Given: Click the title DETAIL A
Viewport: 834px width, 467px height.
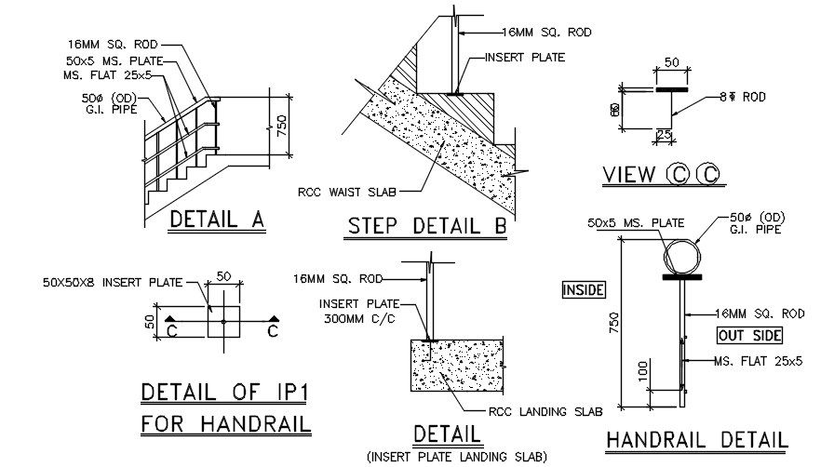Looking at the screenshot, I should pos(218,220).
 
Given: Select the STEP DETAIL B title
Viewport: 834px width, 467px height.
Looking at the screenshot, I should pos(427,226).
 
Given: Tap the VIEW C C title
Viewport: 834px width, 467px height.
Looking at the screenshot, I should pos(662,174).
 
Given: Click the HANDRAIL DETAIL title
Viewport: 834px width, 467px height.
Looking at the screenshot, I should pos(696,441).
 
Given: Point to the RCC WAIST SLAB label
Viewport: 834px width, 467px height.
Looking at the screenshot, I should pos(347,193).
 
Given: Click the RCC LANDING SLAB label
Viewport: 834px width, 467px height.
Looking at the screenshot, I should pos(545,411).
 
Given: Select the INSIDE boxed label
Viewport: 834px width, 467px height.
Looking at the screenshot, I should pos(584,290).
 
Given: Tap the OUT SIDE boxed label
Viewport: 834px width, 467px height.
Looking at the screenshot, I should pos(748,335).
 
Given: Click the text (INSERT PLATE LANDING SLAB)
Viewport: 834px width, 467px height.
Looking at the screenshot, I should pos(456,456).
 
